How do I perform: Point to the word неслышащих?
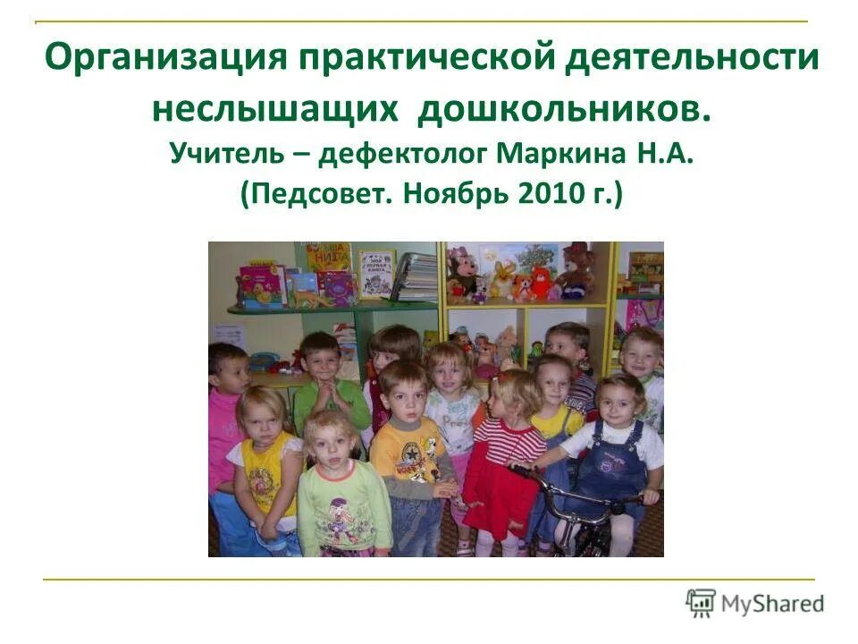[x=273, y=108]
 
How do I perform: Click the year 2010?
[x=548, y=193]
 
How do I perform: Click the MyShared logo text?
[x=773, y=604]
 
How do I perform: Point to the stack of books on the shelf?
[x=416, y=276]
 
